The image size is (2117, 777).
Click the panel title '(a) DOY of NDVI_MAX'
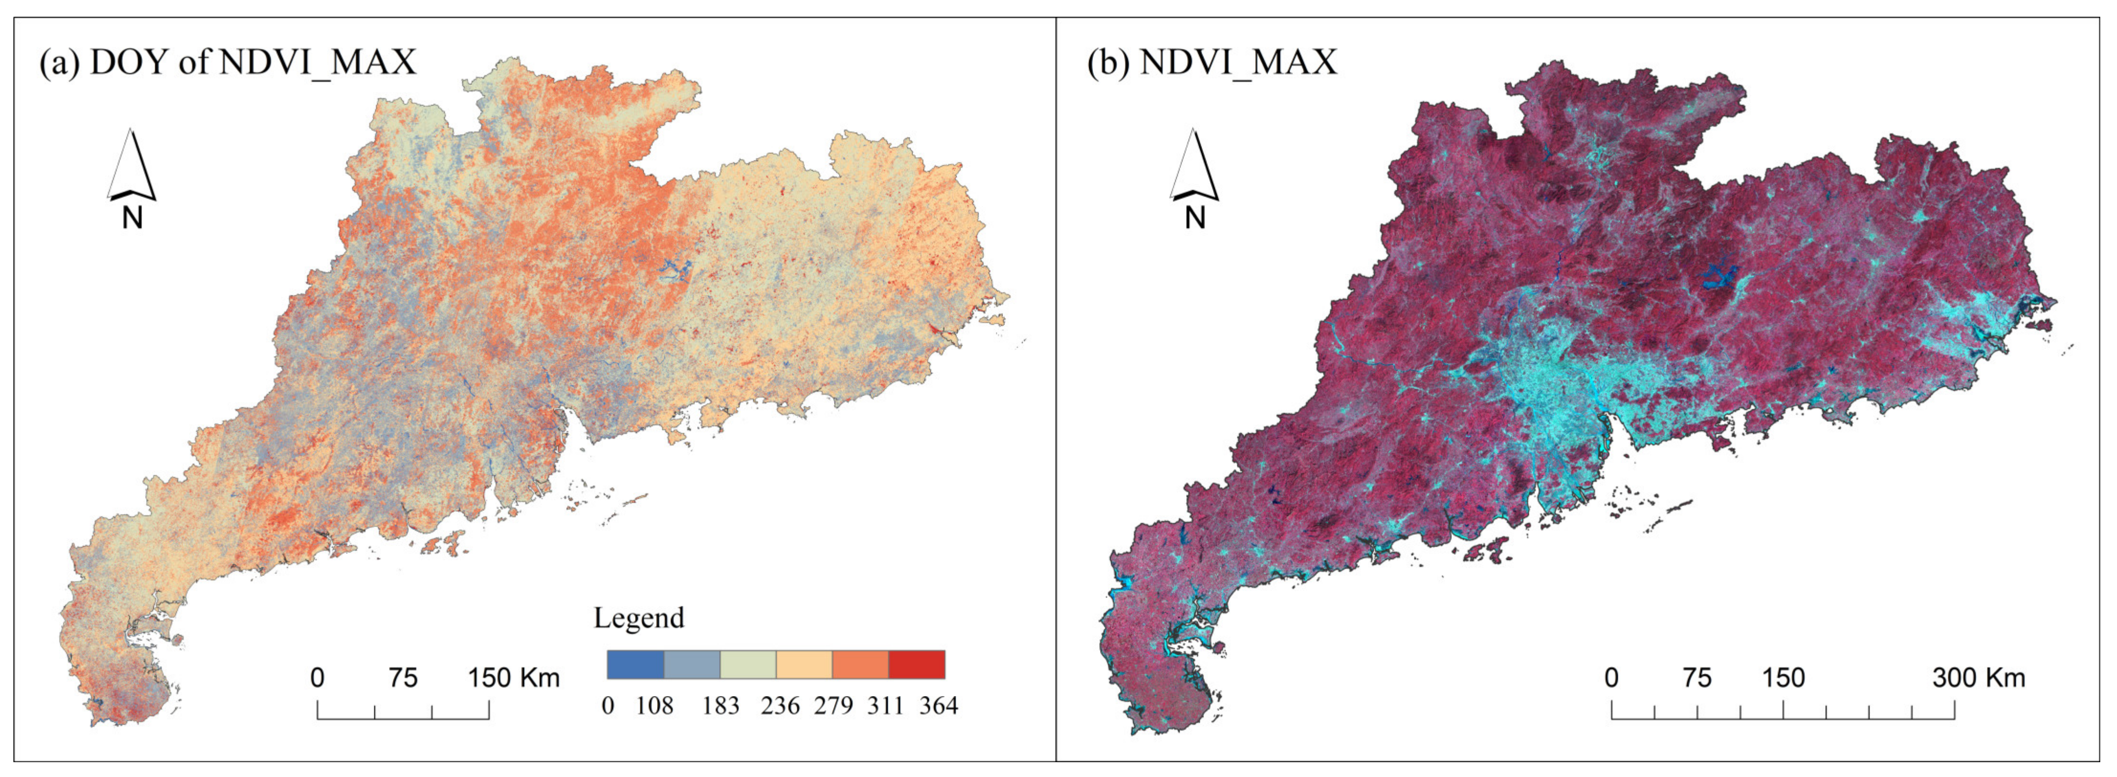click(228, 62)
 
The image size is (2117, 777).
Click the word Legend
click(638, 618)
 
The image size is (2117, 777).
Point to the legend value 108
click(654, 706)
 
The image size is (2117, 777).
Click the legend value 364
click(938, 706)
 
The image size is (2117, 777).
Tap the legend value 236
click(779, 706)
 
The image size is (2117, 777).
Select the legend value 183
click(720, 706)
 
